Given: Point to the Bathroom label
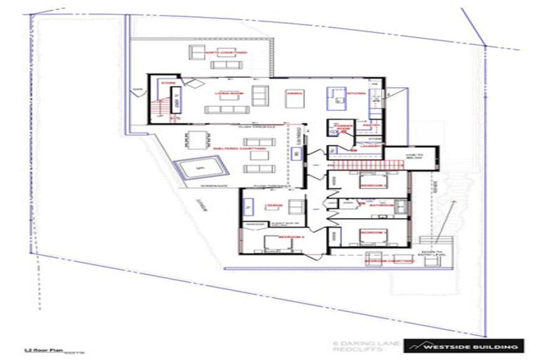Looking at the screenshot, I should pos(370,206).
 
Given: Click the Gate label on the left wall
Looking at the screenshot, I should pos(137,89).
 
